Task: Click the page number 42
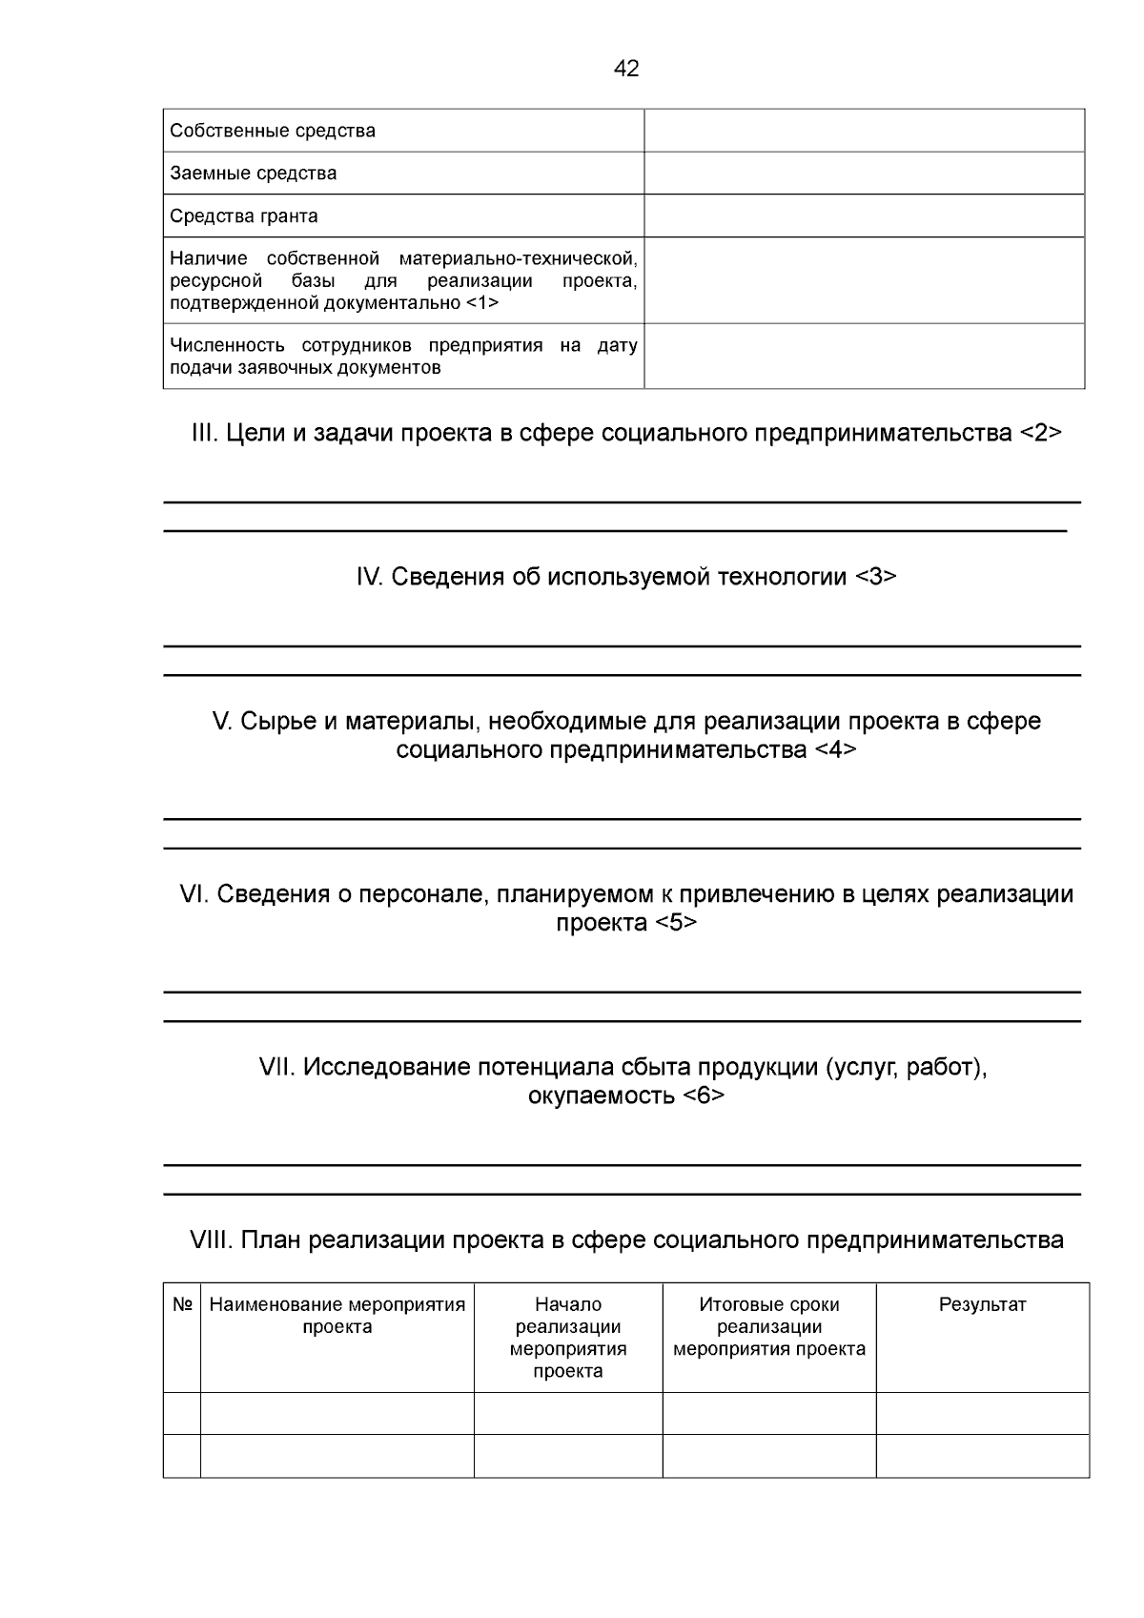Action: [626, 69]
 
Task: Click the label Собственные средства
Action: [273, 131]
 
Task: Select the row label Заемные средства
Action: [254, 174]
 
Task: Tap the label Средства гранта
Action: [244, 216]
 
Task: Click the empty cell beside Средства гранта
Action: [864, 216]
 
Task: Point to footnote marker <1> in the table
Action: [482, 303]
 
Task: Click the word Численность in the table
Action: [230, 345]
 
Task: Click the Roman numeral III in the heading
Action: [205, 433]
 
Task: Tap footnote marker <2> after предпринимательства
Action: [1040, 433]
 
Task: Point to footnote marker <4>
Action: [835, 749]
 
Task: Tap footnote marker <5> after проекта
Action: [676, 923]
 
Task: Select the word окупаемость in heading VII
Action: [601, 1096]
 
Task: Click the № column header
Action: [182, 1304]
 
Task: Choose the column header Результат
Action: [982, 1304]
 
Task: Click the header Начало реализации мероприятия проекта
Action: [568, 1338]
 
